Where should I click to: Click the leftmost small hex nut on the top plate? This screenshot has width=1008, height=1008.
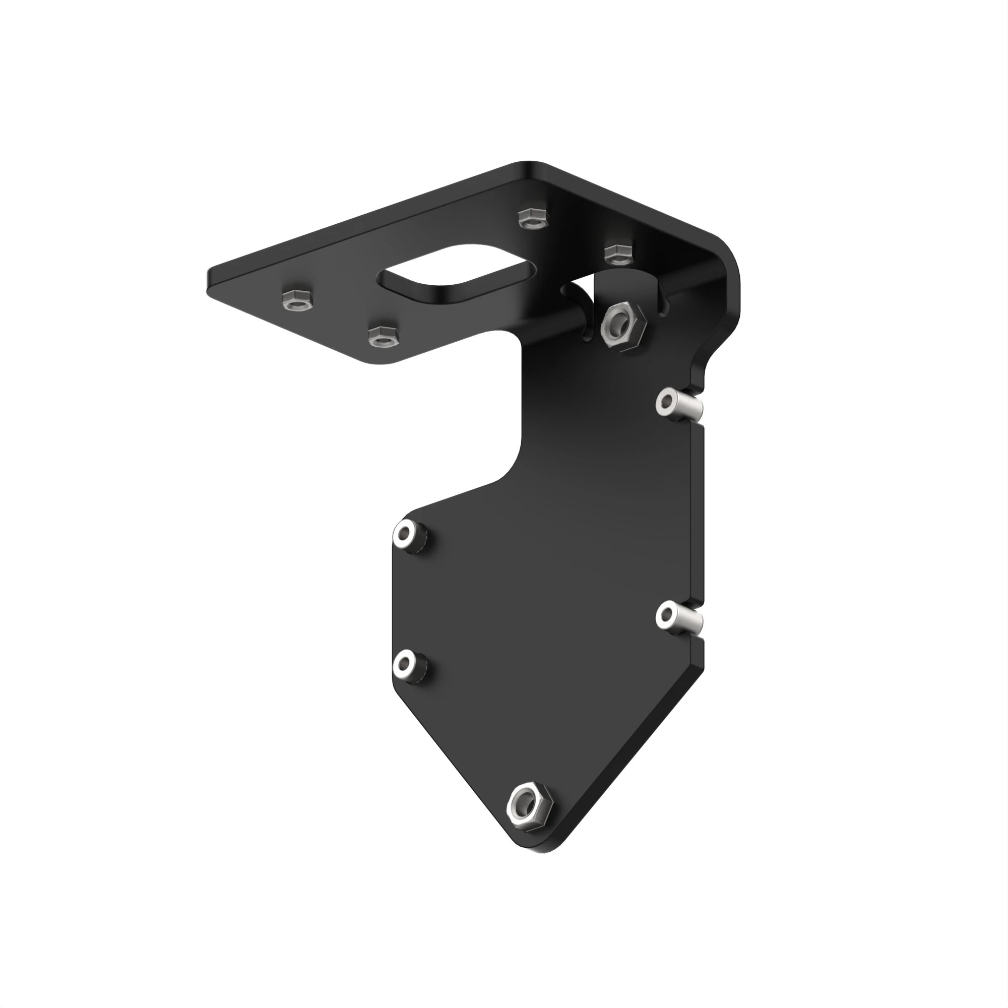click(295, 300)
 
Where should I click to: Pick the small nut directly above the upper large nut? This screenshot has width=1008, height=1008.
click(618, 254)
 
